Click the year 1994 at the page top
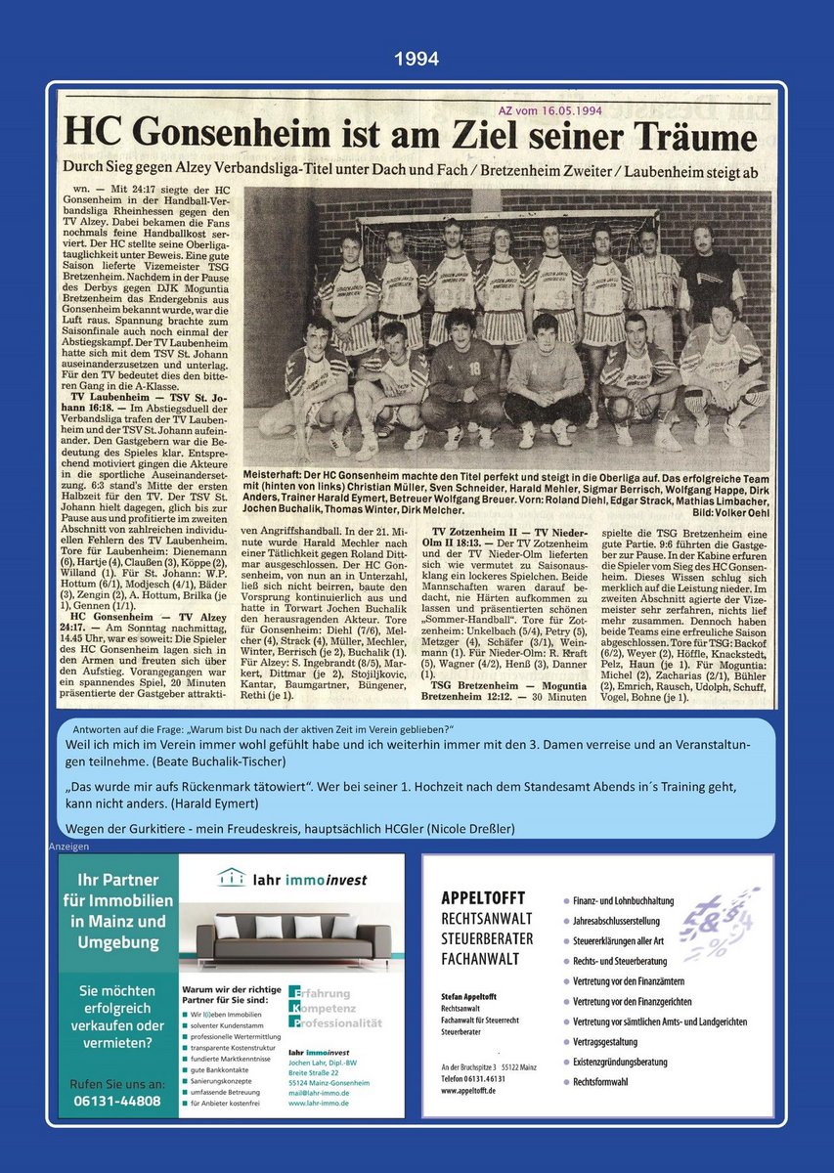coord(417,60)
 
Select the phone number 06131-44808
coord(118,1102)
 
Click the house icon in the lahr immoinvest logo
coord(231,877)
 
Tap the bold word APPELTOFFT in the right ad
coord(483,897)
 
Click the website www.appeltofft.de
coord(468,1090)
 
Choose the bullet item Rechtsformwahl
coord(600,1082)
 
